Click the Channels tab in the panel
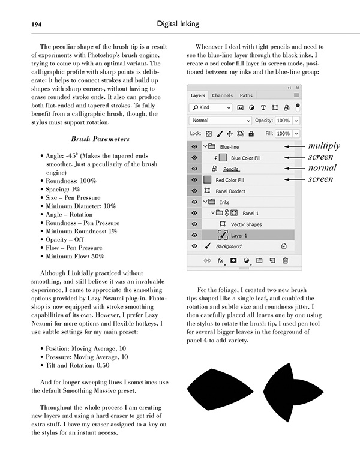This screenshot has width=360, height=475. tap(222, 95)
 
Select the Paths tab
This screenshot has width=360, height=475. tap(246, 95)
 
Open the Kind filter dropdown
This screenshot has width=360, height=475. tap(211, 108)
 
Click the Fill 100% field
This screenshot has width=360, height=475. tap(283, 134)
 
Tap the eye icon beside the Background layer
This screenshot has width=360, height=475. tap(195, 246)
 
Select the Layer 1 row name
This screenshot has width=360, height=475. tap(240, 235)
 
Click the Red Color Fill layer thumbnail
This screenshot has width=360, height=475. tap(207, 180)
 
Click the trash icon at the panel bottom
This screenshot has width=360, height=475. tap(285, 261)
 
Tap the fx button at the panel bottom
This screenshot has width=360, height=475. tap(220, 261)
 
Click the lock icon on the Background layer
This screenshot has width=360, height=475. tap(284, 246)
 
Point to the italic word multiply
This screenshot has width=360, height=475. tap(324, 146)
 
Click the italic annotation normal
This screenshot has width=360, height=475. tap(322, 168)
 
